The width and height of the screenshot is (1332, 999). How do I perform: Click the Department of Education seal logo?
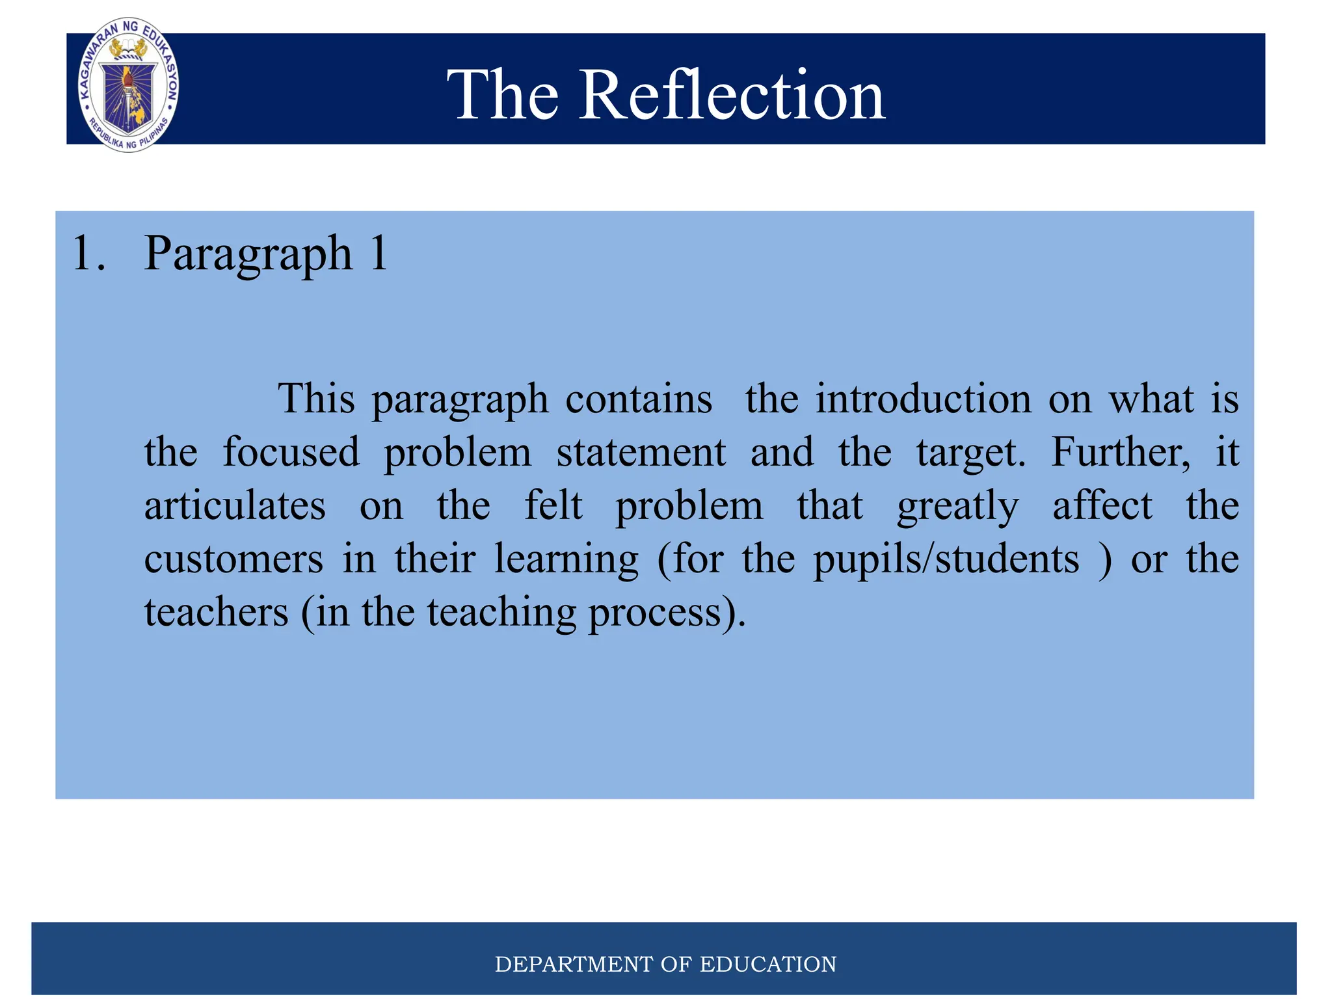(128, 85)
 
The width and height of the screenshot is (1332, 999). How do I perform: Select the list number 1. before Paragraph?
(88, 254)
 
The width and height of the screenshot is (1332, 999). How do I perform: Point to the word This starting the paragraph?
(316, 399)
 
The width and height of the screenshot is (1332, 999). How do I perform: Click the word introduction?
(923, 399)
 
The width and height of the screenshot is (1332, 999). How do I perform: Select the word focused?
(291, 452)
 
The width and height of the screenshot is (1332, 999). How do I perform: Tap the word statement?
(641, 452)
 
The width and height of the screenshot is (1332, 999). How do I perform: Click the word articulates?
(235, 506)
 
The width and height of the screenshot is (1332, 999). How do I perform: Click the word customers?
(233, 559)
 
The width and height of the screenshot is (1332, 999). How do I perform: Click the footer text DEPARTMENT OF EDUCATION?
(665, 964)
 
